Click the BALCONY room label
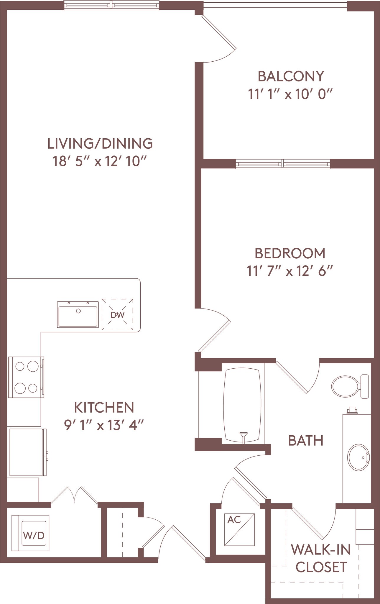click(291, 76)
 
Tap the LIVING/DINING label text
click(100, 144)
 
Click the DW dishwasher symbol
click(117, 315)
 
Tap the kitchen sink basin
click(78, 315)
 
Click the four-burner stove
click(26, 377)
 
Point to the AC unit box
click(239, 530)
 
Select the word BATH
click(306, 441)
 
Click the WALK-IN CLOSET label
click(321, 558)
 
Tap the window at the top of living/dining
click(112, 5)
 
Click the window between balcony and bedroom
click(283, 164)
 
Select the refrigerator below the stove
click(27, 452)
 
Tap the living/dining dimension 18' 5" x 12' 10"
click(100, 162)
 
